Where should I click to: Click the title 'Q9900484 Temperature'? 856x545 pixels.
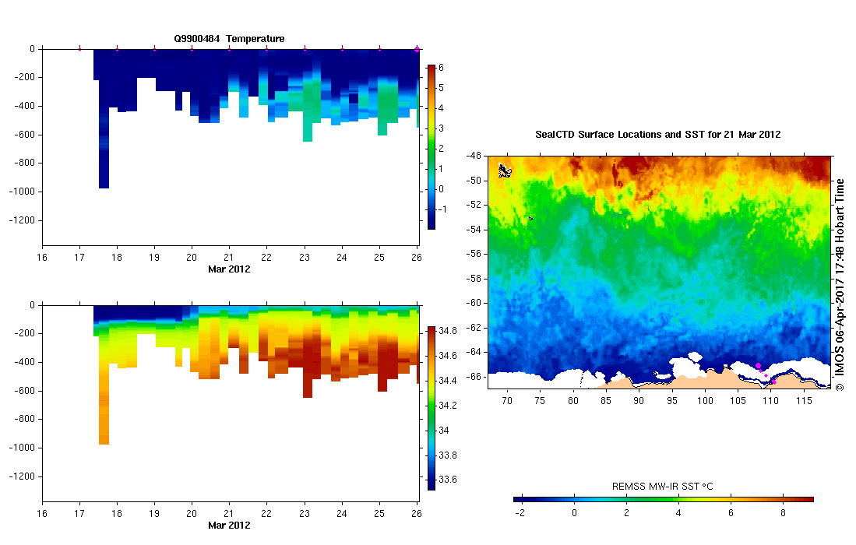click(x=229, y=38)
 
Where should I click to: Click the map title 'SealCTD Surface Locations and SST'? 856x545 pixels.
click(x=657, y=135)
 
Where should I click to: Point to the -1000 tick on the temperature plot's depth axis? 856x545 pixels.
click(x=23, y=192)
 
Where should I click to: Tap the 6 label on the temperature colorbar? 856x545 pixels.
click(x=440, y=68)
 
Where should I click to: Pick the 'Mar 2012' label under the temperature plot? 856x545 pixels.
click(x=229, y=269)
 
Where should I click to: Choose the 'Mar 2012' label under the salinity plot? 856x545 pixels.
click(x=229, y=525)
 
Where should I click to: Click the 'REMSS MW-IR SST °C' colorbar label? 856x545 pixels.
click(x=663, y=487)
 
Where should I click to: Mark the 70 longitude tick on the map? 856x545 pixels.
click(x=507, y=400)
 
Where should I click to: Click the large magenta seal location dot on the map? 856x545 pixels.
click(x=758, y=365)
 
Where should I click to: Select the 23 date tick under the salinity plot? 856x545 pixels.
click(x=305, y=514)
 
